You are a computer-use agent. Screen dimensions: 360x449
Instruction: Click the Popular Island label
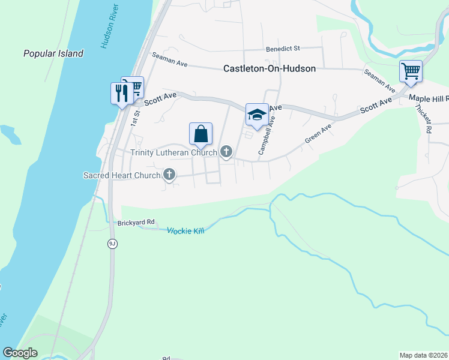53,54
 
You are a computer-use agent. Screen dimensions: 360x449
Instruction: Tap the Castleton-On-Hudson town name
270,68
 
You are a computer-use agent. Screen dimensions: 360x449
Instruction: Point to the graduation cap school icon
257,114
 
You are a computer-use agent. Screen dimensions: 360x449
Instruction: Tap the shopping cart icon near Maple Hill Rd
411,71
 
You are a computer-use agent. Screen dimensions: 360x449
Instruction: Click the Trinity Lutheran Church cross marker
226,152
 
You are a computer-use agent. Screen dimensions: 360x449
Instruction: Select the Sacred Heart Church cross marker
169,175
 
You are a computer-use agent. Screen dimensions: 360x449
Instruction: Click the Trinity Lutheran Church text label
173,152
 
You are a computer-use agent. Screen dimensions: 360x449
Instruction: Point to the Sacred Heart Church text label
122,176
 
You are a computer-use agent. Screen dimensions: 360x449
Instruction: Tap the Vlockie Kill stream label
185,230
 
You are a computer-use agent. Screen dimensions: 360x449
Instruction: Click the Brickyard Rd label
136,222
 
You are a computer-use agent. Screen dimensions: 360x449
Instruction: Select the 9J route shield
112,243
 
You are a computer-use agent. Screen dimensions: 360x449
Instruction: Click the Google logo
20,353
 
